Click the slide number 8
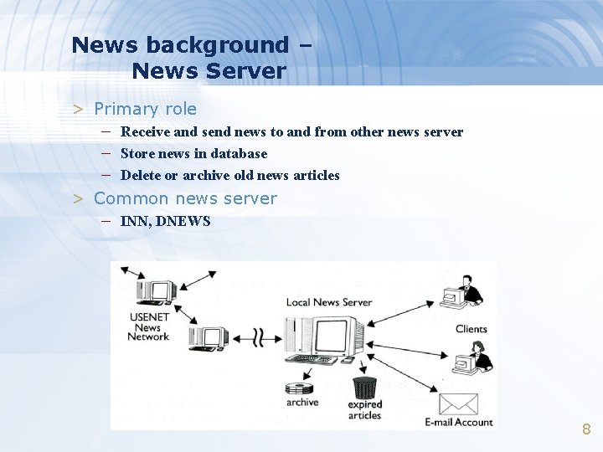point(586,429)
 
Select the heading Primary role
point(145,109)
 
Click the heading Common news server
point(185,198)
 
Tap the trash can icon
point(364,388)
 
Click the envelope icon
point(458,403)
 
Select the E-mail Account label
point(459,422)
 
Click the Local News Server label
point(329,302)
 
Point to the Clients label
point(471,329)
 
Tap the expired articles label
point(364,410)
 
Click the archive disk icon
point(298,388)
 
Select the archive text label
point(302,403)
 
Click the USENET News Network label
point(148,326)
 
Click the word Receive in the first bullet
point(146,131)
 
